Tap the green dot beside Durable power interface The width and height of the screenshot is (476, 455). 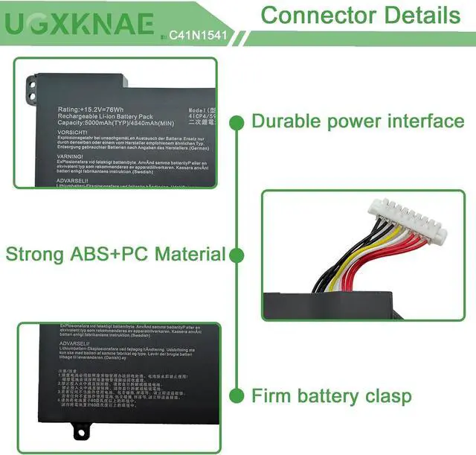point(237,121)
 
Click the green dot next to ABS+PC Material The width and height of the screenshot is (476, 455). point(237,255)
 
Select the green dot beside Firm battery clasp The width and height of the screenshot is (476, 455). point(237,395)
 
